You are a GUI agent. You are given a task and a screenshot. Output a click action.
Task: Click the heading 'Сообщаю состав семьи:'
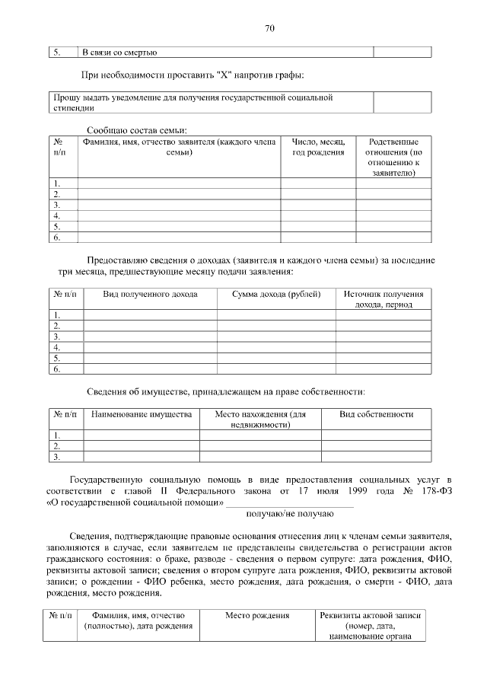point(137,130)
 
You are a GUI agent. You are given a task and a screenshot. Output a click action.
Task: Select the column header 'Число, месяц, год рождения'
point(318,147)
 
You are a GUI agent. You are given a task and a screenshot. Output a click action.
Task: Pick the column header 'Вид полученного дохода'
point(150,295)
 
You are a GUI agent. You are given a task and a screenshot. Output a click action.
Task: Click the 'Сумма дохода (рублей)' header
point(276,295)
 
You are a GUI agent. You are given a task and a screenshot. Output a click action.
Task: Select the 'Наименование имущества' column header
point(141,414)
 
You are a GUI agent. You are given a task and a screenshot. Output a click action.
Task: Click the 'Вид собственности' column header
point(377,414)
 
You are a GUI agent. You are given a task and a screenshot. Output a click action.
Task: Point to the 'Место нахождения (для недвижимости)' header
point(260,419)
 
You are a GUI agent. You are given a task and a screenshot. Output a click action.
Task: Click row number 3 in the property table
point(56,457)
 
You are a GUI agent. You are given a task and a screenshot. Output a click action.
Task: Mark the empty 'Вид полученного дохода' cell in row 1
point(150,314)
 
